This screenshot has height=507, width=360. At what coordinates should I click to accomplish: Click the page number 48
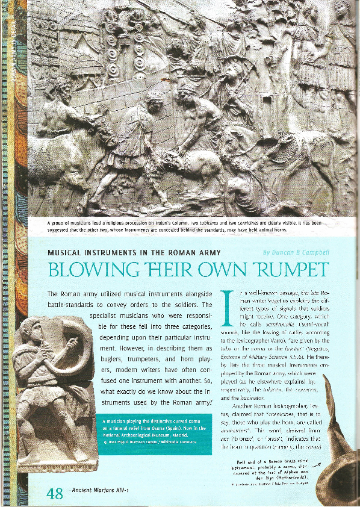[54, 493]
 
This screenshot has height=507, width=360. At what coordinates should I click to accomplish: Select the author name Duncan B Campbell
[296, 252]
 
